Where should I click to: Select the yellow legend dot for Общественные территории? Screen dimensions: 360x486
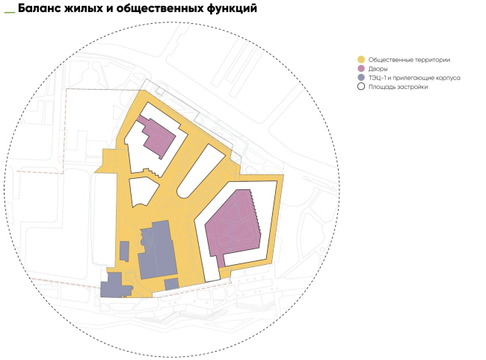[361, 59]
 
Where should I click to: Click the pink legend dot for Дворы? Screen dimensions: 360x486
[361, 69]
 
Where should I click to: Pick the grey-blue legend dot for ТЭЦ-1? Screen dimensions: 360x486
[361, 78]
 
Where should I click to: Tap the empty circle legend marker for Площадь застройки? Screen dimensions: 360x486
[361, 88]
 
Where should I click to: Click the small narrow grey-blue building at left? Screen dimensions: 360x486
[124, 251]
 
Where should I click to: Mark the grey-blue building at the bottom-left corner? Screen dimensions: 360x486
[113, 286]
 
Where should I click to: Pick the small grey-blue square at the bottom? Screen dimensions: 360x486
[171, 284]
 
